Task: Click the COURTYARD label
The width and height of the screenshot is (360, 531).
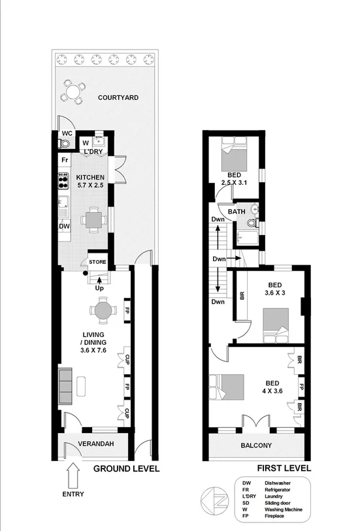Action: [x=118, y=98]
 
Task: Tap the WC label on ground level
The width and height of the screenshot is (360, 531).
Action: [x=67, y=133]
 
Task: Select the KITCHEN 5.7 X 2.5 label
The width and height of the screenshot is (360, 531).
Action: [x=90, y=181]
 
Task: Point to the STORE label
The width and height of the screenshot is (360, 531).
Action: [x=97, y=263]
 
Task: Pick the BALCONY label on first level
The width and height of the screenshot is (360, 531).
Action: [x=255, y=446]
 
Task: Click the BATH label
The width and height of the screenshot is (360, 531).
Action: [x=237, y=212]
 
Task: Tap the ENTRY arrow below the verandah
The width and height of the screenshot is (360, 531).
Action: [x=73, y=473]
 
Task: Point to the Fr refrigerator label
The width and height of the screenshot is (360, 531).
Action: [x=65, y=160]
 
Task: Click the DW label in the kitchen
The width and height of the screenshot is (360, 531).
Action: [x=64, y=226]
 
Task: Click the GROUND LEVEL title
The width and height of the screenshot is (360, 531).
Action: [x=126, y=469]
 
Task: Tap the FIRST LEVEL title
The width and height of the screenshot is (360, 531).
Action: [x=284, y=469]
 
